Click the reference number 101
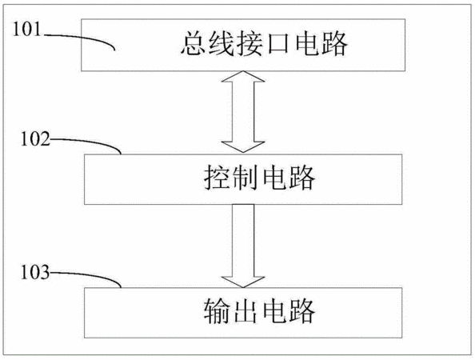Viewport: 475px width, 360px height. point(26,30)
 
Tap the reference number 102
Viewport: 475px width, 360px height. point(35,139)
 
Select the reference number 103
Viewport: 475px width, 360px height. point(35,272)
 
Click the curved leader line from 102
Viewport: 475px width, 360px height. point(91,142)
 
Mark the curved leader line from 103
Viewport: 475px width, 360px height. point(91,275)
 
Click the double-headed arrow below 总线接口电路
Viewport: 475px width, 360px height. point(243,111)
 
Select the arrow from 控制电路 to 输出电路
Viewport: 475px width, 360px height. point(243,246)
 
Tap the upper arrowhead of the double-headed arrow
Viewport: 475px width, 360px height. point(243,76)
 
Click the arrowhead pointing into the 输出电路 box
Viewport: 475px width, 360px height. point(243,282)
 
